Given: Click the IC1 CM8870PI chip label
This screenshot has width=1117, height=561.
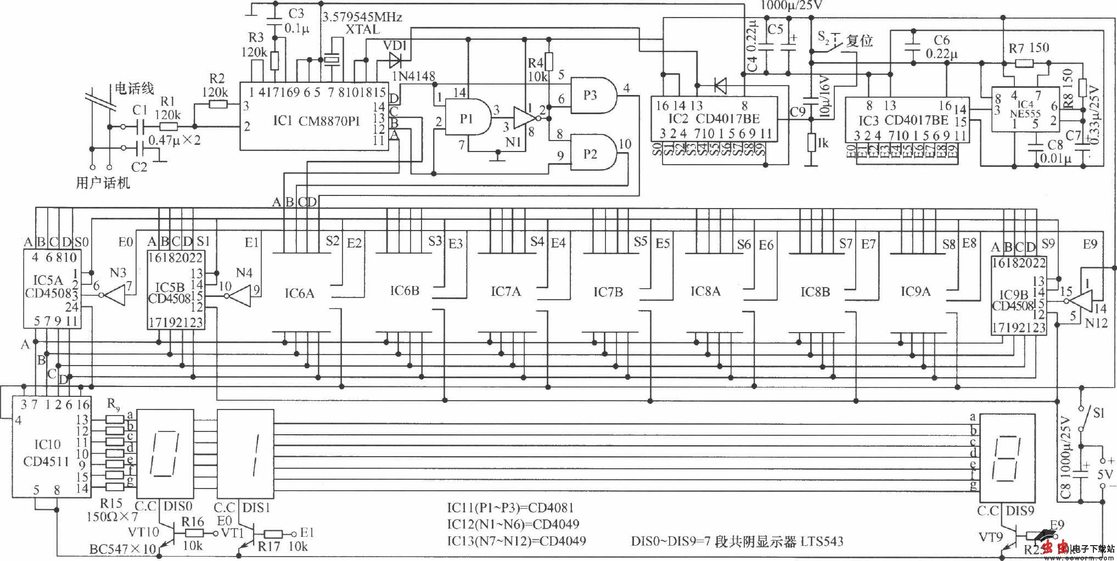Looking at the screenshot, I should tap(316, 121).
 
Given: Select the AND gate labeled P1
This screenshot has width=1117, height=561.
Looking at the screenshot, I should tap(467, 118).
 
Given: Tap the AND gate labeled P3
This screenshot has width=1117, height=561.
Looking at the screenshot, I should tap(592, 95).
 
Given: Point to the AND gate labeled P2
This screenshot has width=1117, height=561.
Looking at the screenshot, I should tap(592, 153).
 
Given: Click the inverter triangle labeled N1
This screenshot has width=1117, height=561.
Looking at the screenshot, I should tap(523, 118).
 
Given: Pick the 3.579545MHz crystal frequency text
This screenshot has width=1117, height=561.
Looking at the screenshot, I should tap(362, 17).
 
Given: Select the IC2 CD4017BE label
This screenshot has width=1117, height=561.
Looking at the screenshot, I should tap(714, 119).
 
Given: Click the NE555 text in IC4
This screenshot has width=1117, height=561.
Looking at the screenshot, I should tap(1025, 114).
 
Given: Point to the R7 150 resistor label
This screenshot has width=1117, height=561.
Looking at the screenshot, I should tap(1029, 48).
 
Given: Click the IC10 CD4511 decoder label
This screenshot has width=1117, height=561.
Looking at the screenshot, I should tap(47, 453).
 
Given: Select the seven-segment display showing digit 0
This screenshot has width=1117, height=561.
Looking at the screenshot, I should tap(165, 453).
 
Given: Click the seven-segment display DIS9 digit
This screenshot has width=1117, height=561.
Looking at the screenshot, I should tap(1007, 458).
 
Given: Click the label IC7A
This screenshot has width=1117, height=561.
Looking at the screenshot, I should tap(506, 291).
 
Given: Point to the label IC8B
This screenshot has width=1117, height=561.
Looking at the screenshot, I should tap(815, 292).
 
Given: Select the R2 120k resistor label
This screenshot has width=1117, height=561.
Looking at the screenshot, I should tap(216, 86).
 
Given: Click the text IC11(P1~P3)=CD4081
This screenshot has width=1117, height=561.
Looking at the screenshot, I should tap(510, 508).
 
